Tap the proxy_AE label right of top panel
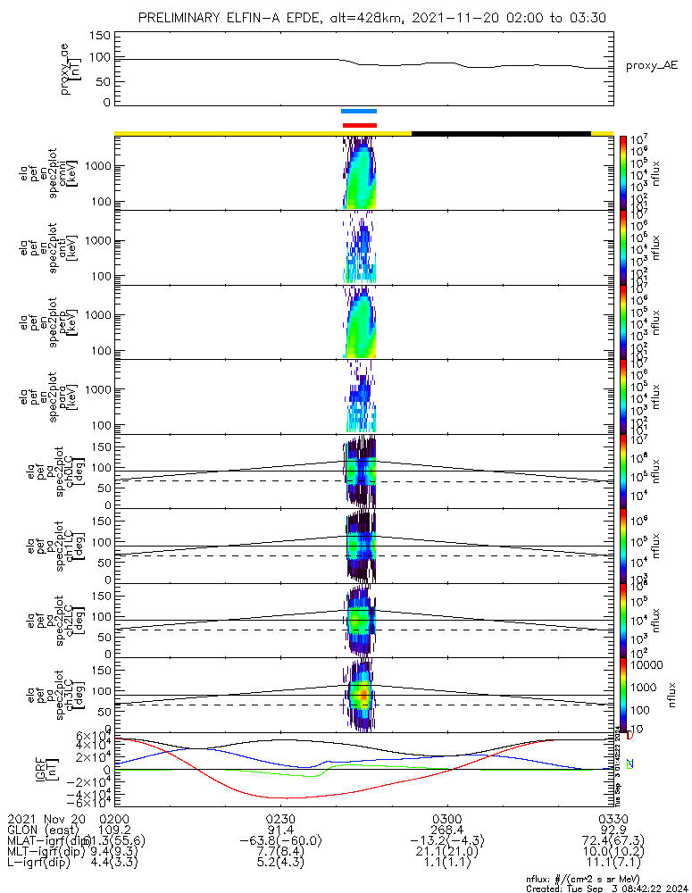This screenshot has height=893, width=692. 652,66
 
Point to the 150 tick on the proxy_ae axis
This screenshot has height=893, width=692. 100,36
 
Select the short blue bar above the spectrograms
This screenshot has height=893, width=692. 359,111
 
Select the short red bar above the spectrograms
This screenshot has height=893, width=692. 359,125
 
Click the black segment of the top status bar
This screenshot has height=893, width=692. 501,133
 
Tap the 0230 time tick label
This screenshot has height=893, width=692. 280,818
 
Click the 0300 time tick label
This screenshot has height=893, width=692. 446,818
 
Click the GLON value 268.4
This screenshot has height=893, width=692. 446,830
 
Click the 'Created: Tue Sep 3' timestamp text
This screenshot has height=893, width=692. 588,888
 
